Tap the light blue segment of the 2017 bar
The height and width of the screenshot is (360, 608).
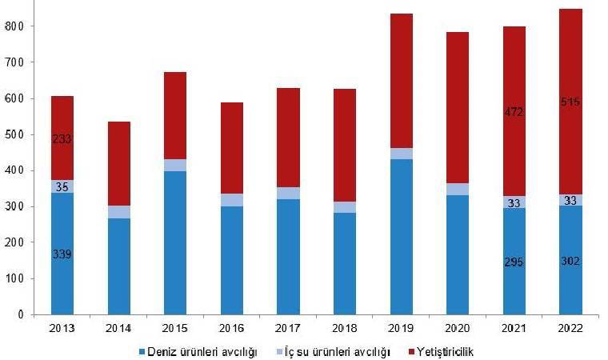pyautogui.click(x=288, y=193)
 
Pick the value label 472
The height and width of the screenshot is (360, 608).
pyautogui.click(x=514, y=112)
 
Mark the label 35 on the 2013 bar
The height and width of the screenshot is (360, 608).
pyautogui.click(x=62, y=186)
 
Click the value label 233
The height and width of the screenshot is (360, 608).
pyautogui.click(x=62, y=138)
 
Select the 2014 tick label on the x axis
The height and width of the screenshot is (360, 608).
pyautogui.click(x=118, y=328)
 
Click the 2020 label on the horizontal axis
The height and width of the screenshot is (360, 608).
pyautogui.click(x=458, y=328)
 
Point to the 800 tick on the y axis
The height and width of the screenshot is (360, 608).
pyautogui.click(x=14, y=26)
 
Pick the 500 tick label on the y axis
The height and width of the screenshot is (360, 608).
pyautogui.click(x=14, y=134)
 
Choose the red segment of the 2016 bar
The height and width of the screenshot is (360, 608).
pyautogui.click(x=231, y=148)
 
